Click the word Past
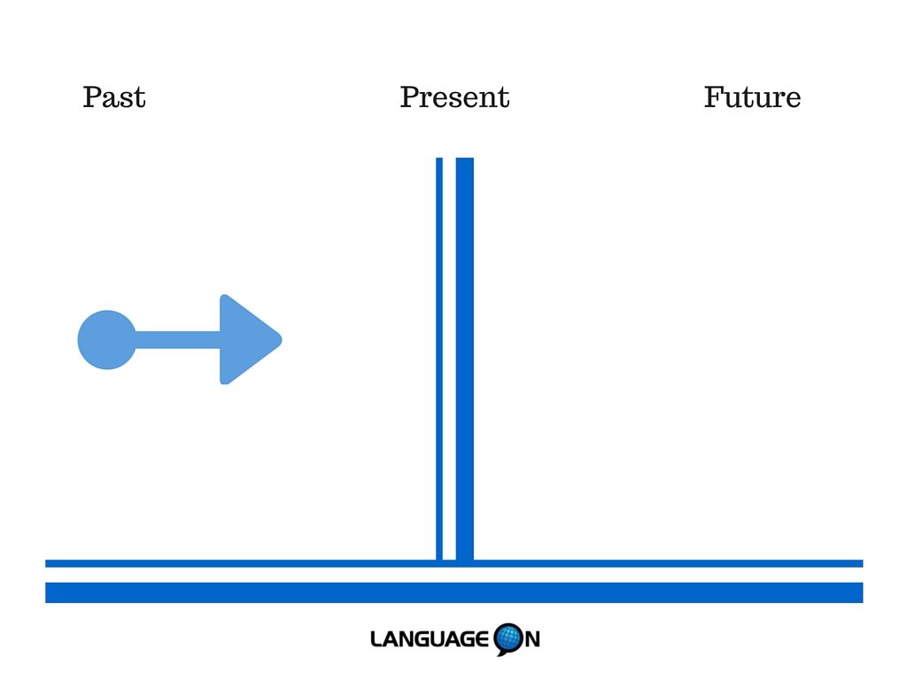[x=114, y=97]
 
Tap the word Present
[x=454, y=97]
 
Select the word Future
[x=752, y=97]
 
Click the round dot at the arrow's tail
[x=107, y=340]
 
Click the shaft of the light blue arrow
[x=177, y=340]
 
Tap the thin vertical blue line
[x=439, y=359]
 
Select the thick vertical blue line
[x=464, y=359]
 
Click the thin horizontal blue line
[x=454, y=564]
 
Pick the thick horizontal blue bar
[x=454, y=592]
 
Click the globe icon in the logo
[x=509, y=639]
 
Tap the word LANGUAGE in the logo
[x=430, y=639]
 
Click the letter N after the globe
[x=532, y=639]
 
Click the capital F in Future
[x=715, y=97]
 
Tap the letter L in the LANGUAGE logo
[x=377, y=639]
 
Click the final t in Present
[x=504, y=98]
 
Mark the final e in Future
[x=793, y=101]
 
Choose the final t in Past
[x=139, y=98]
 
